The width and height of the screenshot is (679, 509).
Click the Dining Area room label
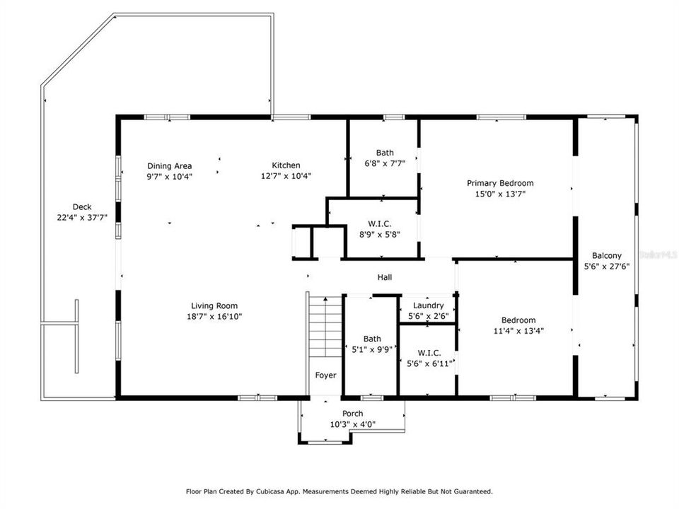point(169,166)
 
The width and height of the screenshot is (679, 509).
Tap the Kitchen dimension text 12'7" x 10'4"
point(286,176)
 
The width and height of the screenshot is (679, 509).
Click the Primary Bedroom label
point(500,183)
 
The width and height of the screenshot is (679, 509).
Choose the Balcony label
point(607,256)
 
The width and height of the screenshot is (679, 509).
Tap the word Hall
point(384,278)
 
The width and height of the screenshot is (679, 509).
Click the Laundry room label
point(429,305)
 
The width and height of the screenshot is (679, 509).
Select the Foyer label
point(325,375)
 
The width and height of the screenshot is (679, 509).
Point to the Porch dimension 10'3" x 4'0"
point(352,424)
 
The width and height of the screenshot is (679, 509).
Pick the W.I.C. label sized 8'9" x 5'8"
point(380,235)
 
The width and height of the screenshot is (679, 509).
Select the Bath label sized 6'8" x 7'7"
point(385,163)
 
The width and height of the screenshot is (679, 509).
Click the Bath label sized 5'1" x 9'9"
point(372,349)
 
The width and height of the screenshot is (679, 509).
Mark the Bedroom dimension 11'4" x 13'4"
point(518,330)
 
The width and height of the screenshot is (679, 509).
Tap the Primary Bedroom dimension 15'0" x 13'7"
point(500,193)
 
